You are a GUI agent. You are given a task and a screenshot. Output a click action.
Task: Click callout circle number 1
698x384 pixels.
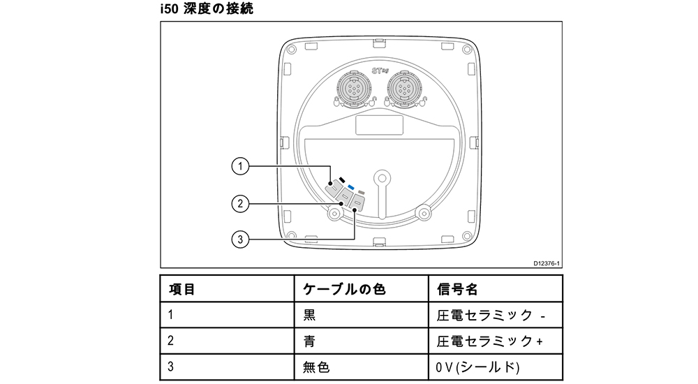coord(240,166)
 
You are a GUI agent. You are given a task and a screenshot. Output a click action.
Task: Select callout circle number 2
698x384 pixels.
coord(240,203)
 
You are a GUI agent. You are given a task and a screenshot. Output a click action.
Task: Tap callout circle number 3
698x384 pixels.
coord(240,239)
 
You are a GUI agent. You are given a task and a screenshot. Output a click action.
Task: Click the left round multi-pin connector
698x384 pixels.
coord(353,89)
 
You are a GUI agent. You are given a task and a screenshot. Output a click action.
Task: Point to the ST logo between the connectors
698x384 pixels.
coord(378,71)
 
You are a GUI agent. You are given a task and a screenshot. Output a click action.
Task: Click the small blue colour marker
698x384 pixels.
coord(352,187)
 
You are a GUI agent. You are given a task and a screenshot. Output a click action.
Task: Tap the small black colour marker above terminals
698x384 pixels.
coord(343,180)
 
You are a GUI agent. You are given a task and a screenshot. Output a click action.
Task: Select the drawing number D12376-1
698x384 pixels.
coord(547,263)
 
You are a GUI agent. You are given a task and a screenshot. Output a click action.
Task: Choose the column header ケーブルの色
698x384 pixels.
coord(344,288)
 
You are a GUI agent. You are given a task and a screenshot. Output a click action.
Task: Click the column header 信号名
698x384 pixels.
coord(457,288)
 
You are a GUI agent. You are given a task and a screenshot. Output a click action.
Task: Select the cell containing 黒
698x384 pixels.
coord(309,315)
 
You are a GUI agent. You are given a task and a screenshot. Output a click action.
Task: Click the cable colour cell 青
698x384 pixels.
coord(309,341)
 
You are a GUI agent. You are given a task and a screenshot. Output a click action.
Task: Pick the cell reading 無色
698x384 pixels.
coord(316,367)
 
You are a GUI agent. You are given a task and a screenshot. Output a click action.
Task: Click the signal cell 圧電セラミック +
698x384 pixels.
coord(489,341)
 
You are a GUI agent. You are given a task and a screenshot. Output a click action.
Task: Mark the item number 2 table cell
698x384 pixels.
coord(171,341)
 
